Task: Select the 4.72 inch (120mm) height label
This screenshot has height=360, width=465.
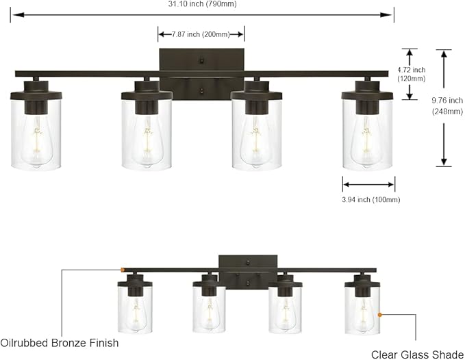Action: pos(412,74)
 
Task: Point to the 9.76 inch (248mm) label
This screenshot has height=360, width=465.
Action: pos(448,106)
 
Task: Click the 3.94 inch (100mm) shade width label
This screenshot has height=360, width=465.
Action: pos(370,199)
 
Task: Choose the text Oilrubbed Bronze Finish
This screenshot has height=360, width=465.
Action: pos(60,342)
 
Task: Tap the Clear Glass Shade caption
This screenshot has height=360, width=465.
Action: pos(418,354)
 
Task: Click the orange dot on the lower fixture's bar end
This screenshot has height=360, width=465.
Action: pos(122,270)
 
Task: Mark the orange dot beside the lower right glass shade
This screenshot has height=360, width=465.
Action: pos(379,315)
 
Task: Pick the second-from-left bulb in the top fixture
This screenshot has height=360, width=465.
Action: pos(147,137)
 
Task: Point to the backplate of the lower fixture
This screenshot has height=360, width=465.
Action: pos(248,263)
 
